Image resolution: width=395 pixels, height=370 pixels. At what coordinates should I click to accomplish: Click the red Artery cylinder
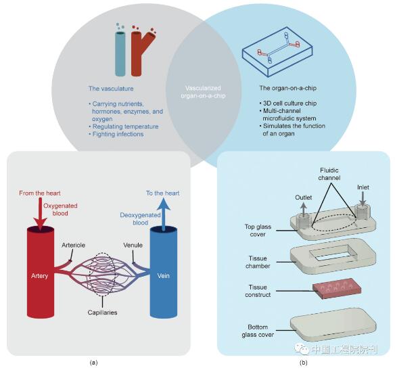[x=41, y=272]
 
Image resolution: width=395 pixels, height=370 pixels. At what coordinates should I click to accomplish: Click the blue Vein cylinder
[x=164, y=272]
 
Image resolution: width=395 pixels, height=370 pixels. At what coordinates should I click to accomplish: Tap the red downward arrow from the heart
[x=40, y=214]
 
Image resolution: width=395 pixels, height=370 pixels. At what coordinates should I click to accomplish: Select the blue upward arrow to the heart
[x=164, y=214]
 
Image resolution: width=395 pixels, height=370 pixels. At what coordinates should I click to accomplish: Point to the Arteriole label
[x=73, y=245]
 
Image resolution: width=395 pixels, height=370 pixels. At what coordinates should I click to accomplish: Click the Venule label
[x=133, y=245]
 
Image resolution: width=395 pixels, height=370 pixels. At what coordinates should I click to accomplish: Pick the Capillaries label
[x=102, y=313]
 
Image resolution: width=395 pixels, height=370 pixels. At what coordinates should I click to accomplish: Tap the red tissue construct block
[x=337, y=288]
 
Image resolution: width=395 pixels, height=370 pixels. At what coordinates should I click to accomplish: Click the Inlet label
[x=363, y=187]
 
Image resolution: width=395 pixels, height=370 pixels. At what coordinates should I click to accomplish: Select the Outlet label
[x=303, y=198]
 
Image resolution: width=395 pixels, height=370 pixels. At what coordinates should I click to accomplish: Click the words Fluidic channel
[x=329, y=174]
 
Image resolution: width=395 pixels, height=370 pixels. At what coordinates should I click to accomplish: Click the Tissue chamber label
[x=258, y=262]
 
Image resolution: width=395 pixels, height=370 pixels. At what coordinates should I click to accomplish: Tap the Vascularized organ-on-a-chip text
[x=203, y=92]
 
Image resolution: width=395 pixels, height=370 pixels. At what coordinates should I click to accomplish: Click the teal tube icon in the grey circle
[x=120, y=53]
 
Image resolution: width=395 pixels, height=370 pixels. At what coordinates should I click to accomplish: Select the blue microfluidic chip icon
[x=277, y=51]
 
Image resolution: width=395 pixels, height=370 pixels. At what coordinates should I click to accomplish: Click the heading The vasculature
[x=111, y=89]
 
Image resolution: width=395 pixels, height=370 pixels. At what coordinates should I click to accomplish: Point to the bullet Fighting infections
[x=116, y=134]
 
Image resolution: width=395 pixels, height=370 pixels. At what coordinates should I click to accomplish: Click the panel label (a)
[x=93, y=363]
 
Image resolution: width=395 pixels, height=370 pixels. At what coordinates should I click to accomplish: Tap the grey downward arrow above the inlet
[x=363, y=198]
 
